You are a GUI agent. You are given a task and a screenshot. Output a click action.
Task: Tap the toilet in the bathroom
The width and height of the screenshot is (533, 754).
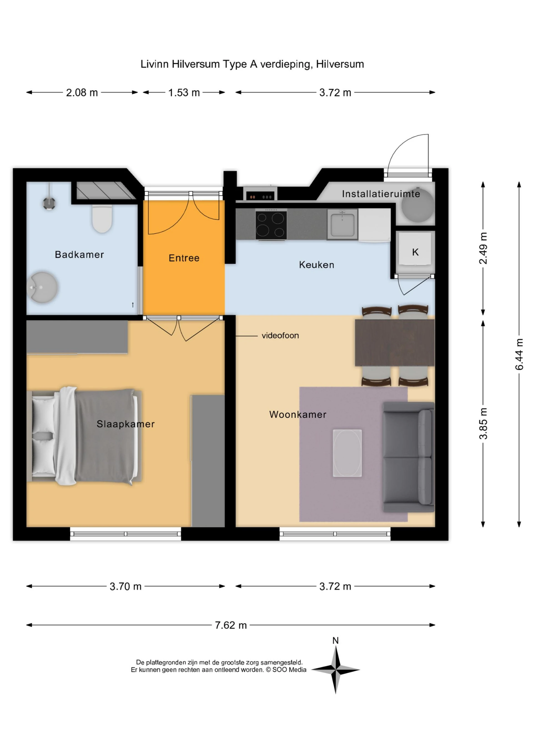pos(102,218)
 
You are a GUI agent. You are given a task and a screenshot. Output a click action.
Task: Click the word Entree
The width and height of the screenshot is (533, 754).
pos(184,258)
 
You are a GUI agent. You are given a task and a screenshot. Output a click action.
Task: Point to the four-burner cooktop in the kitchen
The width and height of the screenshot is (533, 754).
pos(271,225)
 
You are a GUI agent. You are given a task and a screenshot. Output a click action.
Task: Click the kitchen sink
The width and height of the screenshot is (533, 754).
pos(342,225)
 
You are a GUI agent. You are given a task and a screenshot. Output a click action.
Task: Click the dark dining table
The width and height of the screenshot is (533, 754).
pos(394,342)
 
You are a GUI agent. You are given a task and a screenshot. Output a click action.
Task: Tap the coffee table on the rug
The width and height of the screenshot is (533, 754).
pos(347,453)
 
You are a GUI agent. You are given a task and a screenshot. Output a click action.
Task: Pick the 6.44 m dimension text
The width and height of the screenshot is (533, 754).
pos(519,354)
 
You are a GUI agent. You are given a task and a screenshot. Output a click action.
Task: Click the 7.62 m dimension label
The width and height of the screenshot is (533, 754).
pos(230,625)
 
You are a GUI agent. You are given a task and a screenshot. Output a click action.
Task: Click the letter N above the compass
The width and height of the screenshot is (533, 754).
pos(335,640)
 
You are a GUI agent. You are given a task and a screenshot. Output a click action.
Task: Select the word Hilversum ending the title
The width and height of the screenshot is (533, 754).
pos(340,64)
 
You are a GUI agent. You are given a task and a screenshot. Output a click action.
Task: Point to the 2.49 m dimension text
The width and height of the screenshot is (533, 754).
pos(483,248)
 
